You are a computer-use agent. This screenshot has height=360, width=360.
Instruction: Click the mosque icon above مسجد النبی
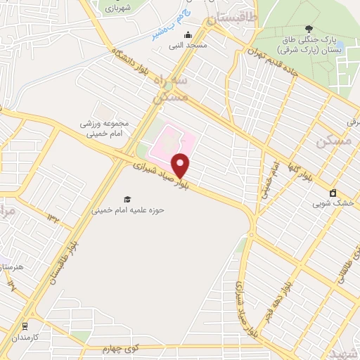[x=187, y=35]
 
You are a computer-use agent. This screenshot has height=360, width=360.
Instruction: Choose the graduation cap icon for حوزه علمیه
[x=127, y=199]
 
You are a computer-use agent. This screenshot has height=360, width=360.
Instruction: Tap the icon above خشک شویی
[x=333, y=193]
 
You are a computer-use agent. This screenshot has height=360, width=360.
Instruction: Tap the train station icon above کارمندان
[x=25, y=326]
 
